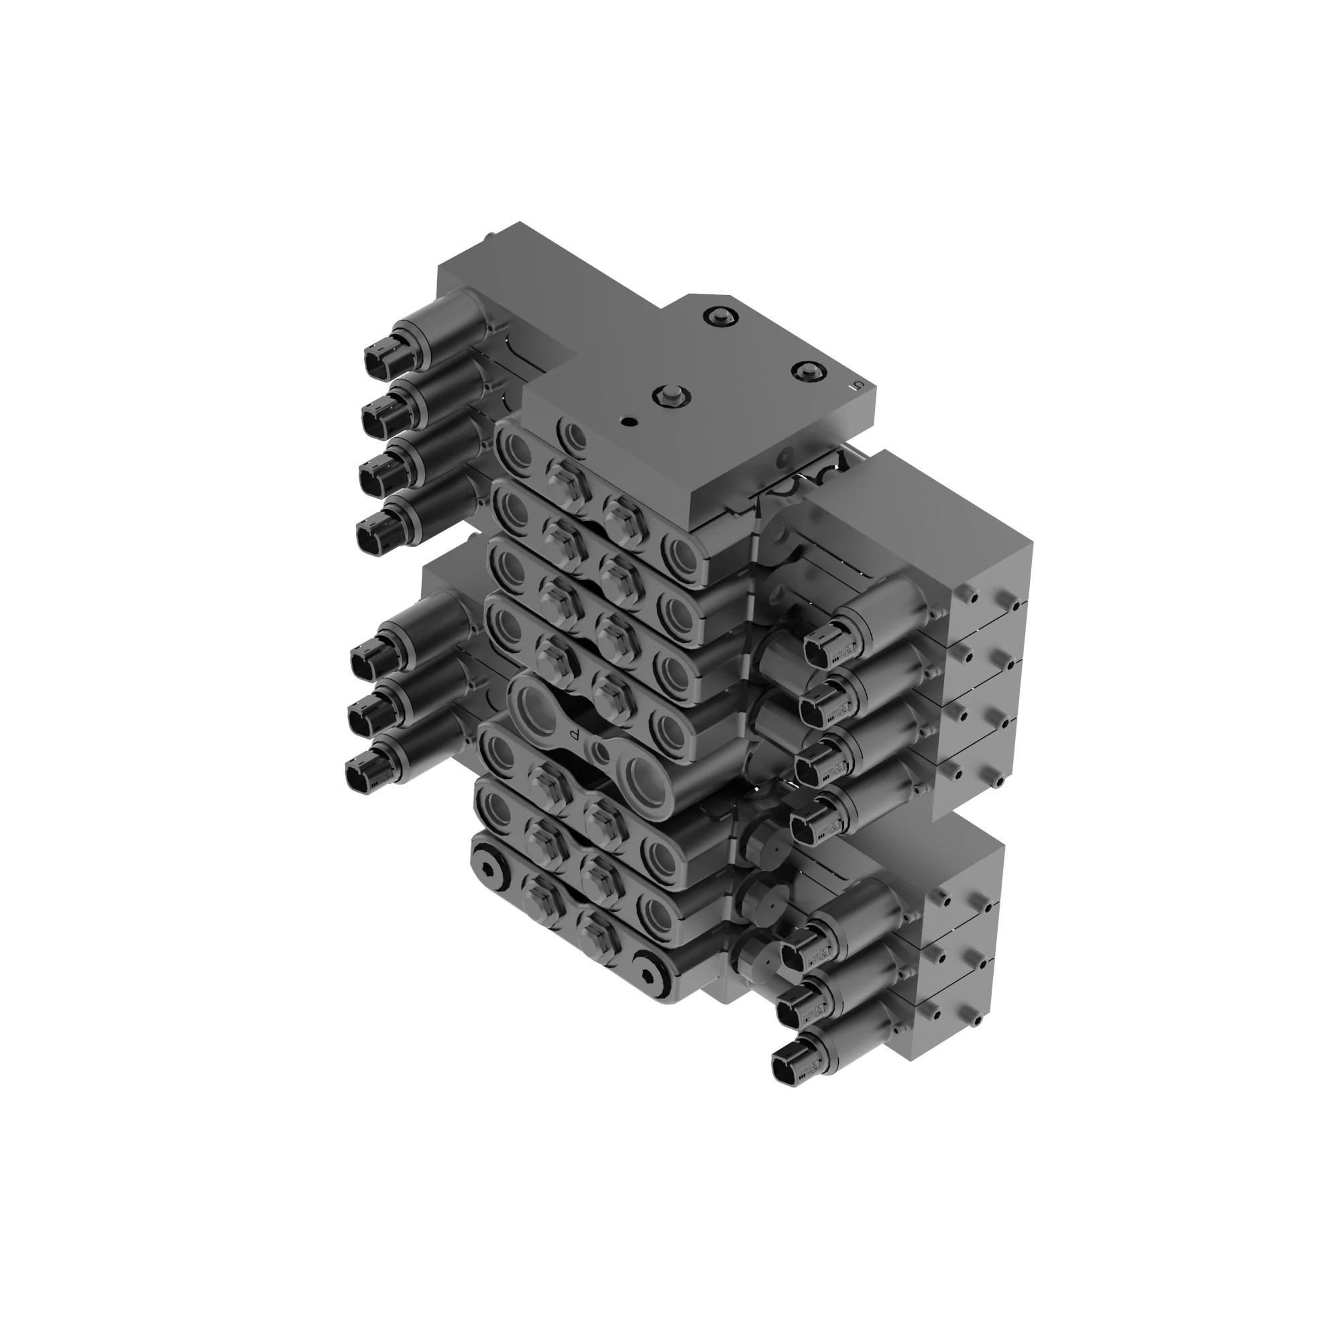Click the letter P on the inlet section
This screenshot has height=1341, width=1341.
pyautogui.click(x=573, y=734)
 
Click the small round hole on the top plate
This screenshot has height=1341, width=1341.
pyautogui.click(x=628, y=421)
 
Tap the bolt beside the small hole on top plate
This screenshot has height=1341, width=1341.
pyautogui.click(x=670, y=398)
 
